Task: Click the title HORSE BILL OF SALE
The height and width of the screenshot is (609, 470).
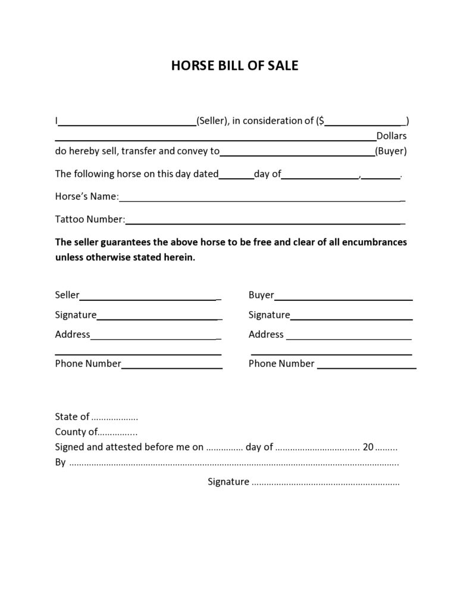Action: click(x=234, y=66)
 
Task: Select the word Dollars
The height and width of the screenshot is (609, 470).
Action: click(x=391, y=136)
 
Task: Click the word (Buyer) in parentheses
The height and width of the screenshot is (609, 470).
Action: click(x=391, y=151)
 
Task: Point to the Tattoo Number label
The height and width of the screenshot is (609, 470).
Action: click(x=90, y=219)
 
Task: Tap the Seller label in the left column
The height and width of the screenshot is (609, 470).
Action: click(x=67, y=295)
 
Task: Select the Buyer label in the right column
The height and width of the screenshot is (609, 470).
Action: click(x=261, y=295)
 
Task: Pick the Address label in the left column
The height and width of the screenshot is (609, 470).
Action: click(x=73, y=334)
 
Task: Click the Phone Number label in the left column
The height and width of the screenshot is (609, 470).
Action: click(x=88, y=363)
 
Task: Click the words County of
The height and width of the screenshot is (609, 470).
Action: click(x=76, y=432)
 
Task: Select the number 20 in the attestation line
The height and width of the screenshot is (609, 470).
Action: click(x=368, y=447)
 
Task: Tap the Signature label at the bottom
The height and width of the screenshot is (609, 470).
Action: click(x=228, y=481)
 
